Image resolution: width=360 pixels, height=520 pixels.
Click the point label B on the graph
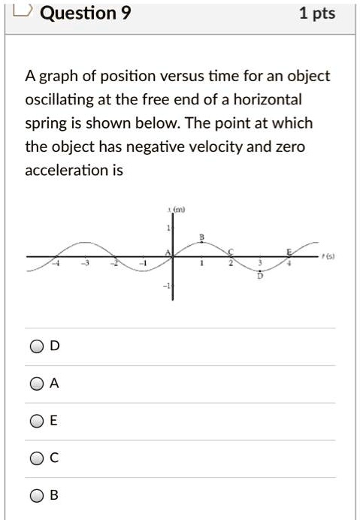(x=201, y=238)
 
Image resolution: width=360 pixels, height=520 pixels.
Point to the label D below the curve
(x=262, y=277)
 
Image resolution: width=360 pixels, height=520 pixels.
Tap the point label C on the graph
(x=231, y=251)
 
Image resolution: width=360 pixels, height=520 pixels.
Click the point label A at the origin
(x=167, y=252)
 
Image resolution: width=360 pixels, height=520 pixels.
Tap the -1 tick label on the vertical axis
(x=168, y=287)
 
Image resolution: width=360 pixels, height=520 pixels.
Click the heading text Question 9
(x=83, y=13)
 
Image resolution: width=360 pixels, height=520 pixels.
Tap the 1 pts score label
(x=316, y=13)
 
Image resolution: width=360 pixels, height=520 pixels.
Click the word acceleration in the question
(x=62, y=171)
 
